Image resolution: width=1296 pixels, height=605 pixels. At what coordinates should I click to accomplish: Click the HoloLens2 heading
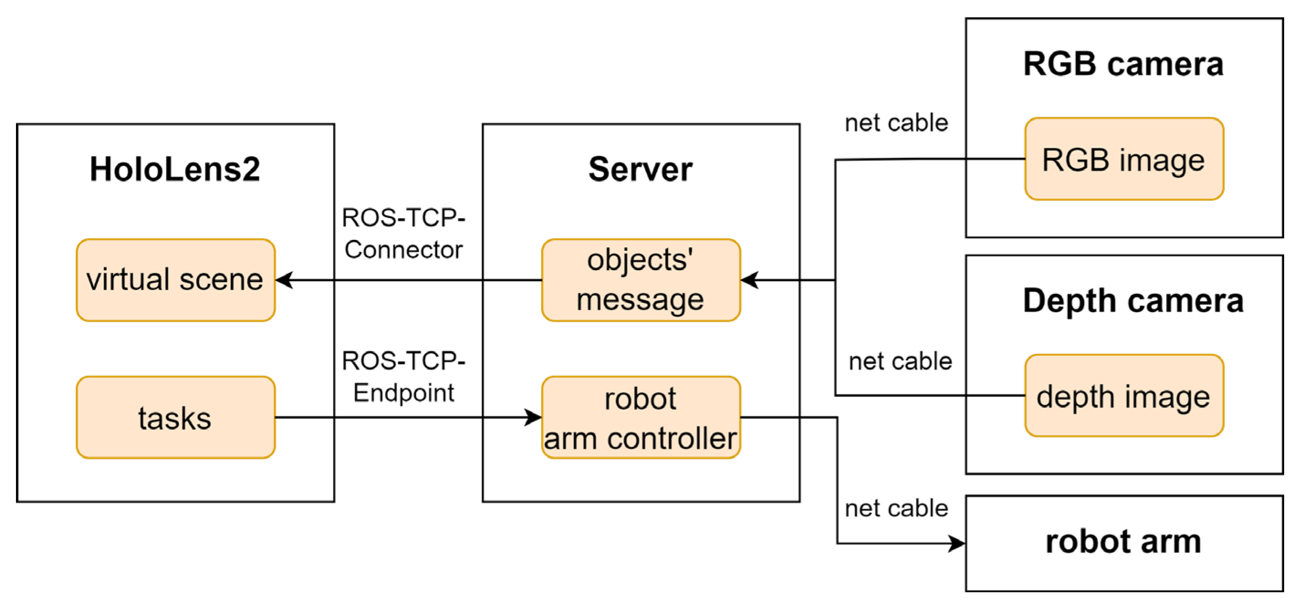coord(175,169)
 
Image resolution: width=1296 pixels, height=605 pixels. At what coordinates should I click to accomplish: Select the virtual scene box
coord(176,280)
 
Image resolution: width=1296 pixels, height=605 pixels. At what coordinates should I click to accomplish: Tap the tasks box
coord(176,417)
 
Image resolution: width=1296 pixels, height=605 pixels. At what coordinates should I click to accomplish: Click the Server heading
coord(640,169)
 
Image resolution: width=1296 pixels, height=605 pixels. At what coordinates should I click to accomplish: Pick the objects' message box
coord(640,280)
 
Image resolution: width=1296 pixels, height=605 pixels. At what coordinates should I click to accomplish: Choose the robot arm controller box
coord(640,417)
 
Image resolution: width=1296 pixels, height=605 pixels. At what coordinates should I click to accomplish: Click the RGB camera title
coord(1124,64)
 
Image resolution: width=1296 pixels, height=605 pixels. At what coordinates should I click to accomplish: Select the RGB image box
coord(1124,159)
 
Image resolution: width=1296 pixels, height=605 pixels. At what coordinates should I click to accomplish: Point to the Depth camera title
coord(1133,301)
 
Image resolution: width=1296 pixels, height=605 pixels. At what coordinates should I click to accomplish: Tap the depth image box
coord(1124,396)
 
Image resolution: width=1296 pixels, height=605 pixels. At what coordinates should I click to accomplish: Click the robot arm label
coord(1124,542)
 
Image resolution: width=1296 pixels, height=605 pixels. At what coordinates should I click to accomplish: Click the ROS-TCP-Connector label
coord(404,234)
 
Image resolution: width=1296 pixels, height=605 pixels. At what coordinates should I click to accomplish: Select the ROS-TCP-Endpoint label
coord(404,376)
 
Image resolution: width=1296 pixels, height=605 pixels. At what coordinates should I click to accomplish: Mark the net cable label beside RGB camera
coord(896,123)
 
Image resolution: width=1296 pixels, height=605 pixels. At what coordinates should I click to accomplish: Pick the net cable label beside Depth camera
coord(900,361)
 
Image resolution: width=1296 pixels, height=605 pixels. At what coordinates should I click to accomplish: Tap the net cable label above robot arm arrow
coord(896,508)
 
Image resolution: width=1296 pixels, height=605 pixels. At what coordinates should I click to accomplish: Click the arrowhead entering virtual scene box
coord(285,280)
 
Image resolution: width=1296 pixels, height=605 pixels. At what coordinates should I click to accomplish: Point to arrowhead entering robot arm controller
coord(532,417)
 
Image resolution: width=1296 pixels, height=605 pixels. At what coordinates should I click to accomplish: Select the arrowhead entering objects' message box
coord(749,280)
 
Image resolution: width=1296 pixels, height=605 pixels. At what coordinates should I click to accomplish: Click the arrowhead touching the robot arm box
coord(956,543)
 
